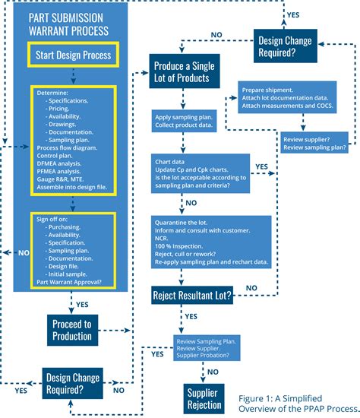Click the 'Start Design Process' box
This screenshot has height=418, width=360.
coord(72,55)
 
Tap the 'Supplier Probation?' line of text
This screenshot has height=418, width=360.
coord(204,356)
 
